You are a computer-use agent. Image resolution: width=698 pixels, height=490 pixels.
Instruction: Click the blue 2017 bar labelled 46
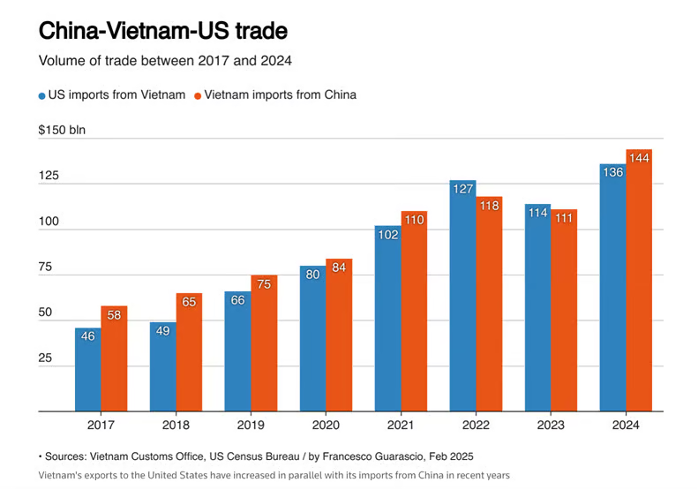(87, 371)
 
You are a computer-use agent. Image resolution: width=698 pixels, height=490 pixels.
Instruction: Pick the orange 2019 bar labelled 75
(264, 344)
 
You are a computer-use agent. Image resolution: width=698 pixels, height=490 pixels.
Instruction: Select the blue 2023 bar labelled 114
(537, 309)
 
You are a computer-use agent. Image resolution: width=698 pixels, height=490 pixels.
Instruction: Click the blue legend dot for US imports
(42, 95)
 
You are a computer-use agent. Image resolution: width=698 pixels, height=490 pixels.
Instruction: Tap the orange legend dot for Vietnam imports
(199, 95)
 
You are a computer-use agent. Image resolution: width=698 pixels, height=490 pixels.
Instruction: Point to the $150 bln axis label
(62, 131)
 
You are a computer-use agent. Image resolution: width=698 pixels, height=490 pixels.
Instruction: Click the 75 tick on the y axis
(46, 268)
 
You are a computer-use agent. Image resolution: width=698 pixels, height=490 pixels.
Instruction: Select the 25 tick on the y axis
(46, 359)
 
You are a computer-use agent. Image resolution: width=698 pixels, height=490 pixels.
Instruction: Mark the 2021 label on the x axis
(400, 426)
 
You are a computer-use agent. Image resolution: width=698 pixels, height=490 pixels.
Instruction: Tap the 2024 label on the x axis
(625, 426)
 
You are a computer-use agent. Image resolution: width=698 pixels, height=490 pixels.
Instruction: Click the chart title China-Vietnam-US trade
(162, 32)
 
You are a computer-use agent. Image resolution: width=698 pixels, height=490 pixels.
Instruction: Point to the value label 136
(612, 172)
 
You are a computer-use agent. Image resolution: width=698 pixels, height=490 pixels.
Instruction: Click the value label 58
(114, 314)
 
